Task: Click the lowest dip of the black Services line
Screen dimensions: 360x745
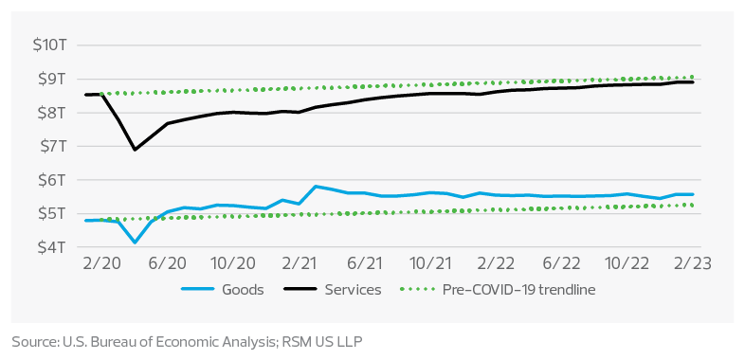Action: pos(135,150)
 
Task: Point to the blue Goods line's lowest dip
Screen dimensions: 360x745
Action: pos(135,243)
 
